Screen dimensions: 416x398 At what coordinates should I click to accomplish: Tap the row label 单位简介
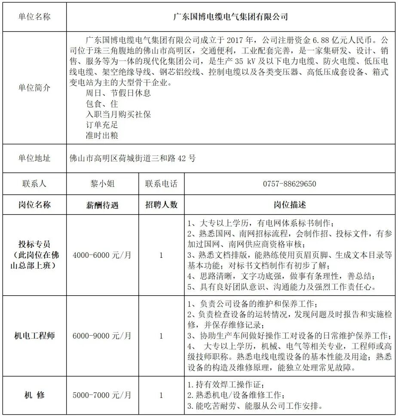pyautogui.click(x=34, y=88)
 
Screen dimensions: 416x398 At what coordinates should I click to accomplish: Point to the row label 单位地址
pyautogui.click(x=34, y=158)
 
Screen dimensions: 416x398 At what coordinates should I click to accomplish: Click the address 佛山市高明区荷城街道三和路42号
pyautogui.click(x=132, y=158)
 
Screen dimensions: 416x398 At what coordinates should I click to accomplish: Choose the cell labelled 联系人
pyautogui.click(x=34, y=184)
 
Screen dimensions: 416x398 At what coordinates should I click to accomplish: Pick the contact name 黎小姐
pyautogui.click(x=102, y=184)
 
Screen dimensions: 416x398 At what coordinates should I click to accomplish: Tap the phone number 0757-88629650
pyautogui.click(x=289, y=184)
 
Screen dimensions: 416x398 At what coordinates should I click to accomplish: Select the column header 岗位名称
pyautogui.click(x=34, y=205)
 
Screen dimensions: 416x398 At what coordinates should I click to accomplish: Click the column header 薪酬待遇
pyautogui.click(x=102, y=205)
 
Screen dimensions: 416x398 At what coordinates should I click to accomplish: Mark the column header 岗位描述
pyautogui.click(x=289, y=205)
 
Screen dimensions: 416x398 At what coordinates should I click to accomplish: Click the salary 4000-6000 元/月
pyautogui.click(x=102, y=255)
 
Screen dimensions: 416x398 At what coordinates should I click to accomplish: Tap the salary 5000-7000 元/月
pyautogui.click(x=102, y=395)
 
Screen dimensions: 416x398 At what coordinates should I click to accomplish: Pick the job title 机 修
pyautogui.click(x=34, y=395)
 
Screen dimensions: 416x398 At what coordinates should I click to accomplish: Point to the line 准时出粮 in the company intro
pyautogui.click(x=102, y=135)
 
